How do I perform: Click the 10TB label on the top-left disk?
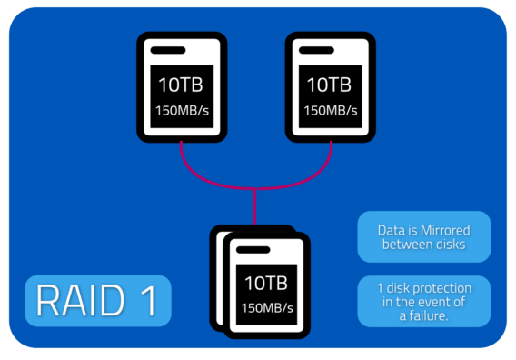coord(180,85)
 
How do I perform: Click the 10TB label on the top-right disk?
coord(328,85)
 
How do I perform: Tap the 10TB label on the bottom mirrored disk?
coord(264,281)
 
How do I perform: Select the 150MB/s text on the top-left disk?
coord(180,112)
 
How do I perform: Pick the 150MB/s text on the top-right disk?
coord(328,112)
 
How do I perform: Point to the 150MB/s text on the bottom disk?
coord(264,306)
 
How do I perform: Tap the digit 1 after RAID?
coord(148,301)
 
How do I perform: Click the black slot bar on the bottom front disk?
coord(253,247)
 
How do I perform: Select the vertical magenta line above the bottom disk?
coord(255,205)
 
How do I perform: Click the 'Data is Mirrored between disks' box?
coord(423,236)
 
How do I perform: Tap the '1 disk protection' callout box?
coord(423,301)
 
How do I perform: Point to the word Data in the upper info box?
coord(392,230)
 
